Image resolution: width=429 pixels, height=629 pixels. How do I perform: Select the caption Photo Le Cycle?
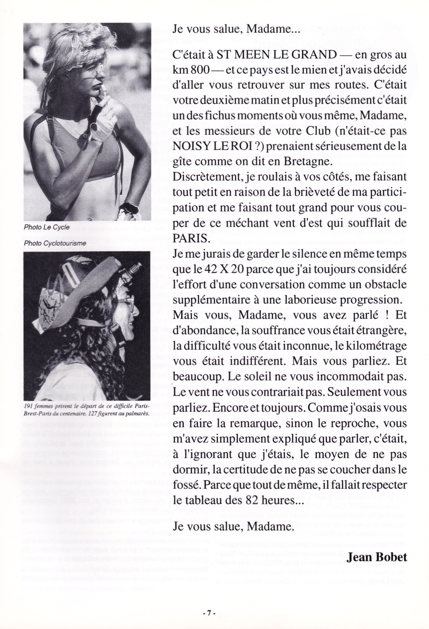click(47, 227)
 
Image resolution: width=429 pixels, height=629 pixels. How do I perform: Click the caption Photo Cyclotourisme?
click(55, 243)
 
